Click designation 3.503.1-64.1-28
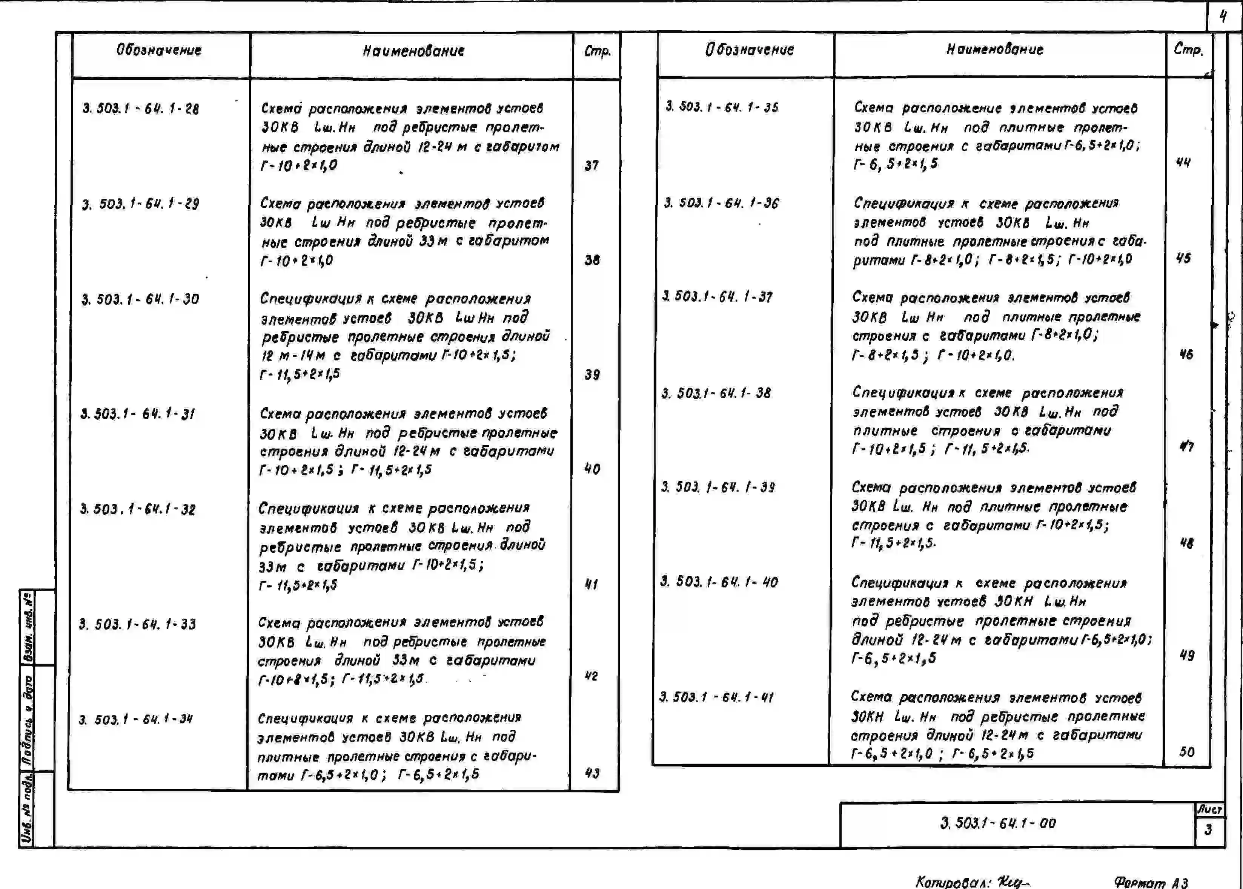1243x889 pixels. (141, 108)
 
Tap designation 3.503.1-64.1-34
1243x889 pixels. (135, 719)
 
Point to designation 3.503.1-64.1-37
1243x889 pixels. (718, 297)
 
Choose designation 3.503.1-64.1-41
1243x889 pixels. (716, 697)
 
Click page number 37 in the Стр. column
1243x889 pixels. (592, 165)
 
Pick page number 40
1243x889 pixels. (592, 469)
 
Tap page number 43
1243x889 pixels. (592, 773)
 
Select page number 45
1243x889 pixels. (1183, 258)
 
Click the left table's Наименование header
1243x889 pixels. (413, 51)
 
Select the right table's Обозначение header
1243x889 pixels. (749, 50)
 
